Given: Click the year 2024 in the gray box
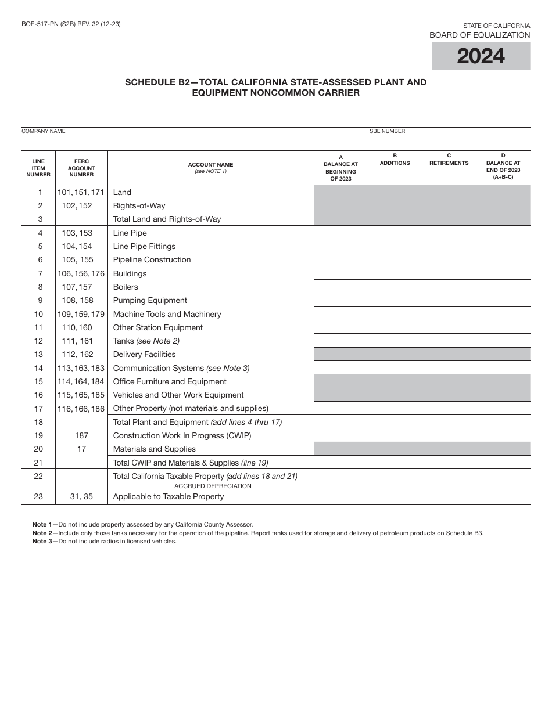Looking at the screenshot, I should tap(481, 56).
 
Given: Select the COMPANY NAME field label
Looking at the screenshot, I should tap(44, 131).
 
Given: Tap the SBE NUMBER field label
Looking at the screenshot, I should tap(387, 131).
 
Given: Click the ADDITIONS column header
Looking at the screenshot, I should tap(395, 163).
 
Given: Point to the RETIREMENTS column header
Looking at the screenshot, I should tap(449, 163).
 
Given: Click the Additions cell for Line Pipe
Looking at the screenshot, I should tap(395, 233).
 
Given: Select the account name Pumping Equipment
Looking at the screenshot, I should tap(150, 301).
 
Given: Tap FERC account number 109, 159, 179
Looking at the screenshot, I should tap(81, 314).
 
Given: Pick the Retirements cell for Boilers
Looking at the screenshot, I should tap(449, 287).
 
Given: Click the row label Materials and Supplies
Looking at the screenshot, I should tap(154, 449).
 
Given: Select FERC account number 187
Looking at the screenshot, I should tap(81, 435).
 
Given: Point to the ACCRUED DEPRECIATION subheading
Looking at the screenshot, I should tap(213, 486).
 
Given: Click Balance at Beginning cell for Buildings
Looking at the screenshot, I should tap(340, 273).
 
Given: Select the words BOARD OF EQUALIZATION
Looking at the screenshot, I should tap(479, 35).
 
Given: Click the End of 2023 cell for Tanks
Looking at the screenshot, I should tap(503, 341).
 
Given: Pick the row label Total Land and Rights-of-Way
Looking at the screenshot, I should tap(167, 219).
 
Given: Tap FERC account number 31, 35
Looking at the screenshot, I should tap(81, 497).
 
